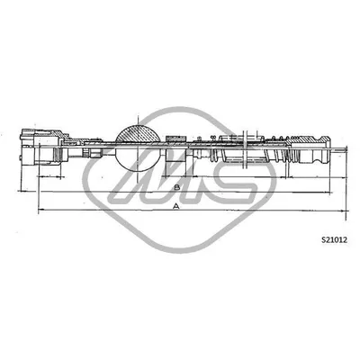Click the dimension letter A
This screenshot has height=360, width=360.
pos(176,206)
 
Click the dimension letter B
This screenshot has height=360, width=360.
pos(177,187)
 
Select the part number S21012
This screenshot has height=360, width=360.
pos(334,239)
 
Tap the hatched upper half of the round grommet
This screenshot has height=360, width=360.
pos(138,133)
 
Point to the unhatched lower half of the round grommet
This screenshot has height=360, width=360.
pos(138,159)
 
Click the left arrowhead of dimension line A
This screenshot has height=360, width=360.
pos(40,210)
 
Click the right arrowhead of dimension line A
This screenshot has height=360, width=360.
pos(343,211)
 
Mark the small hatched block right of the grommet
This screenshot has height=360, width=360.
pos(175,139)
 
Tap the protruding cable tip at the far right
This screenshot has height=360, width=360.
pos(339,148)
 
